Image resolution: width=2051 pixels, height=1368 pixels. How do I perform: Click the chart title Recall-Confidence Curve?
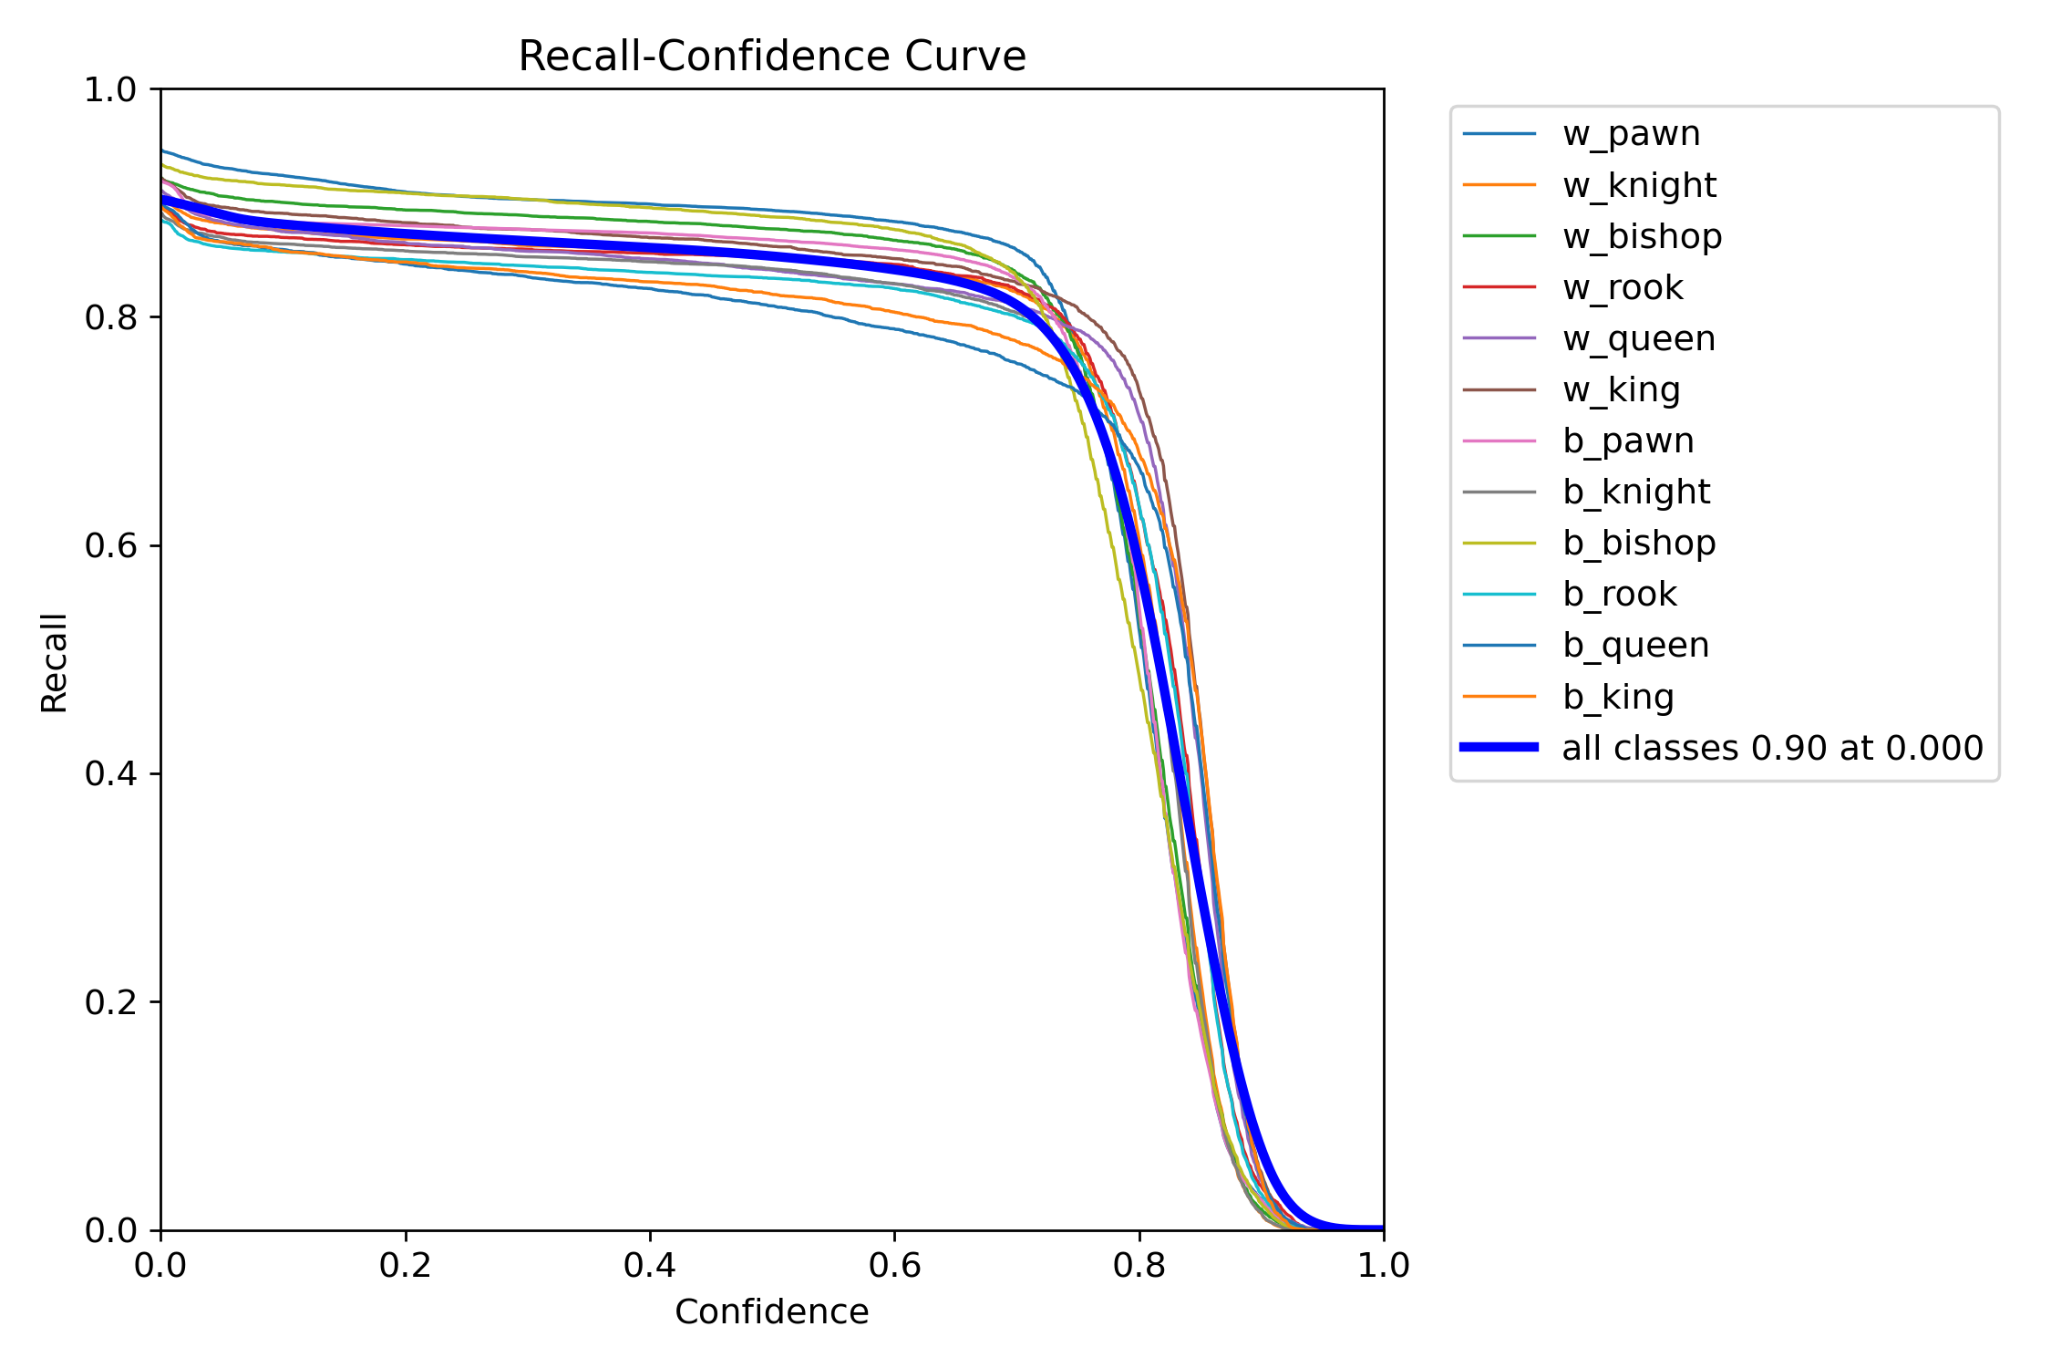click(x=771, y=57)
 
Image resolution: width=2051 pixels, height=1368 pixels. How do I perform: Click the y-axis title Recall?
click(x=55, y=662)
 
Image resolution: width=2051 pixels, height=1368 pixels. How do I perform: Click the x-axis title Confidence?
click(x=771, y=1311)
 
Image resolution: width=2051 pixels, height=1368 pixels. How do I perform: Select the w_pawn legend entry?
click(x=1631, y=134)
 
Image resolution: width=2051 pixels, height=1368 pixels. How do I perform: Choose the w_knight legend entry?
click(x=1639, y=185)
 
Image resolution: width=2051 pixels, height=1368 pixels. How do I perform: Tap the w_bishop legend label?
click(x=1642, y=236)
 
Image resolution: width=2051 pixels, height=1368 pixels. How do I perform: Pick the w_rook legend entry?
click(x=1623, y=287)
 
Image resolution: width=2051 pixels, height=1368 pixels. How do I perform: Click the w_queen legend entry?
click(x=1638, y=338)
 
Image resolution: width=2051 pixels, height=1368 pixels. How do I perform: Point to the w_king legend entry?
click(x=1621, y=389)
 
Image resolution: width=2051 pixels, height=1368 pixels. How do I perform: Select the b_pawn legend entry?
click(x=1628, y=440)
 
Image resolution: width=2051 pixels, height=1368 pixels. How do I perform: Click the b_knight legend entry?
click(x=1636, y=492)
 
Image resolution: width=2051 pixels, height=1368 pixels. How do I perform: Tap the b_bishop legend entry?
click(x=1639, y=543)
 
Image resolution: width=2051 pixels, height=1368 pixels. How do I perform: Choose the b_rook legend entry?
click(x=1620, y=594)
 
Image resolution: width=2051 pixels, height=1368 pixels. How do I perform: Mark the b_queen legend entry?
click(x=1635, y=645)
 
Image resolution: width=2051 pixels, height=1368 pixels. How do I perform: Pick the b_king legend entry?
click(x=1618, y=697)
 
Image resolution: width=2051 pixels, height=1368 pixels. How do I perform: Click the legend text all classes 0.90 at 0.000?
click(x=1772, y=748)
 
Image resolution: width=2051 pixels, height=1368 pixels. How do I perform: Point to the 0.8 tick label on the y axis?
click(x=109, y=317)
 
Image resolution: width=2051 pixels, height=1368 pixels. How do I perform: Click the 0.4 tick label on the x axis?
click(x=650, y=1265)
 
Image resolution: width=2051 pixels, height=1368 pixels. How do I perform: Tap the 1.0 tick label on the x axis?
click(x=1384, y=1265)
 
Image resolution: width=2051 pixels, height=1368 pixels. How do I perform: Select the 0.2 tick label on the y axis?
click(x=109, y=1002)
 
